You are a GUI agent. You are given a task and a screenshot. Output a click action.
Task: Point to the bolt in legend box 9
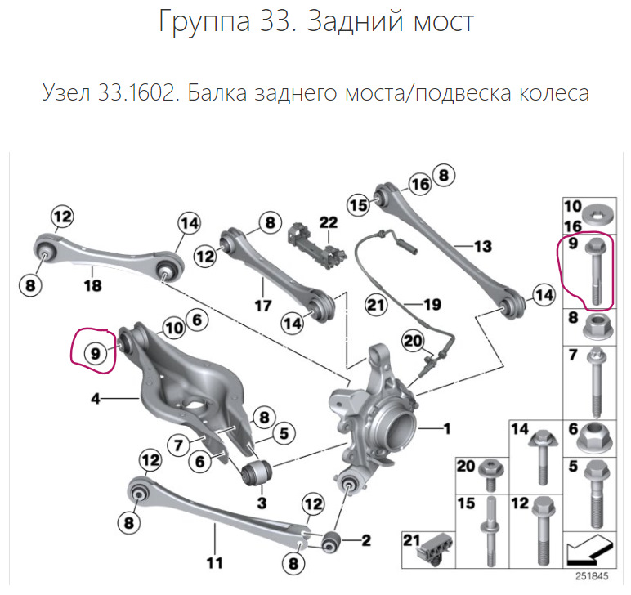click(594, 270)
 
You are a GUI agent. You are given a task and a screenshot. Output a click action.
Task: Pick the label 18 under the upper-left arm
click(92, 285)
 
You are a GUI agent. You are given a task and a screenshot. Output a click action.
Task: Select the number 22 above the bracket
click(328, 222)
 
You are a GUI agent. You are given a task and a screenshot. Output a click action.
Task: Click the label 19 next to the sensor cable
click(432, 305)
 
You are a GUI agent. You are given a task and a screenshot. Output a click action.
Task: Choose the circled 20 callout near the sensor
click(413, 341)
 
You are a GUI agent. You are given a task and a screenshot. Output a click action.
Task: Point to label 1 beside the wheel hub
click(446, 427)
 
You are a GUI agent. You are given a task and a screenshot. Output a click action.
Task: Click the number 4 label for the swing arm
click(95, 400)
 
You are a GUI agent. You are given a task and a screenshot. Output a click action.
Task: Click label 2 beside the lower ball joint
click(365, 539)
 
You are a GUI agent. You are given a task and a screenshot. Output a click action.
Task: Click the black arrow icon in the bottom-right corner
click(586, 551)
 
